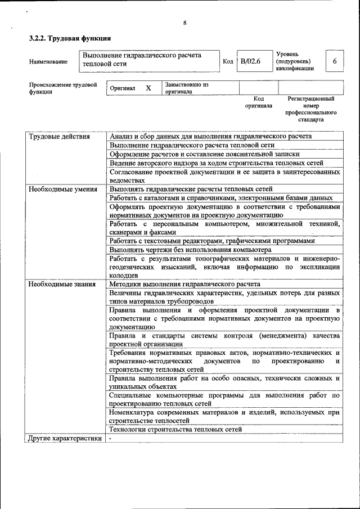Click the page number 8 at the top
(184, 23)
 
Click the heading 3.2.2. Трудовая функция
(70, 39)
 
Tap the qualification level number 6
(335, 61)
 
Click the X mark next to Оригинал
(148, 88)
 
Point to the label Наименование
(48, 61)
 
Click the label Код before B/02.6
(228, 61)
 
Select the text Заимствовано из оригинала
(186, 88)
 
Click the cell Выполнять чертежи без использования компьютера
(191, 249)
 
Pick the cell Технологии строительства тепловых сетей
(176, 429)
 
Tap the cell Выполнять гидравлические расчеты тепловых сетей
(191, 189)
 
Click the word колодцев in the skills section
(124, 276)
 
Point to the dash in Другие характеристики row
(111, 438)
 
